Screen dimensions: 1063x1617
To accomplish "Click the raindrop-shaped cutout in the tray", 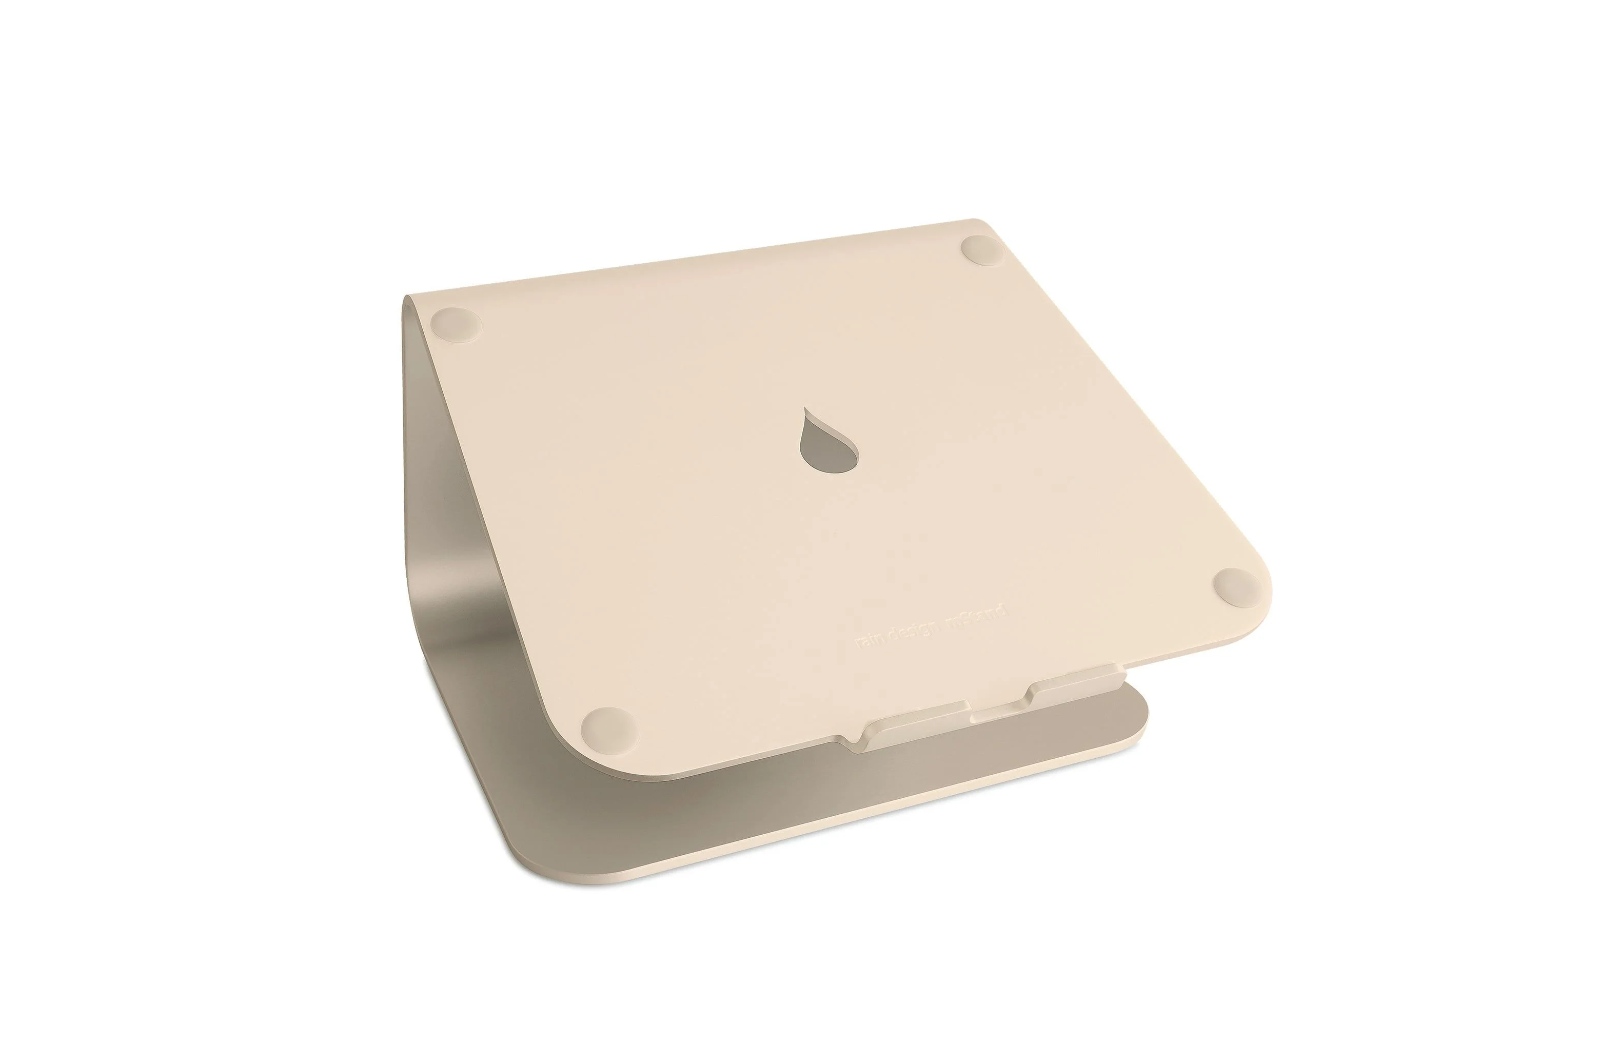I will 827,451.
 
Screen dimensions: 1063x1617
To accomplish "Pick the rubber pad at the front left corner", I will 609,726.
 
